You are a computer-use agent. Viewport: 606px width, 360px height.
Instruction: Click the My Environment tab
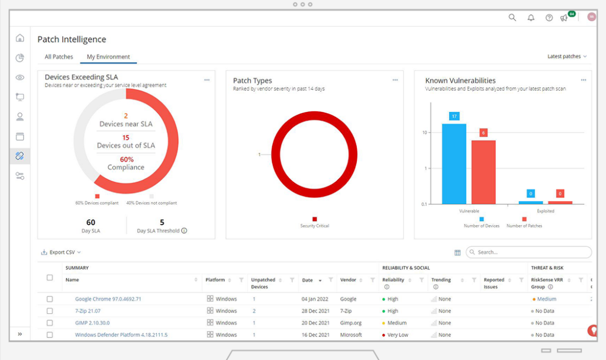[x=108, y=57]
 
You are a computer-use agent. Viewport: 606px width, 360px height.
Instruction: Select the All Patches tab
[x=59, y=57]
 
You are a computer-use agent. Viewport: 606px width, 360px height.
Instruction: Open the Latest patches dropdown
[x=567, y=56]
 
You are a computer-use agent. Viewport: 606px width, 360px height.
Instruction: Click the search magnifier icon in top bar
[x=512, y=18]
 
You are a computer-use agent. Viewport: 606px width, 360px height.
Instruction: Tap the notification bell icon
[x=531, y=18]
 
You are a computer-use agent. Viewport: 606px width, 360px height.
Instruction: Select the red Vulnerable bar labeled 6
[x=483, y=171]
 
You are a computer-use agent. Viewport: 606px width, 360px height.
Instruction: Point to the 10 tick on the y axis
[x=424, y=132]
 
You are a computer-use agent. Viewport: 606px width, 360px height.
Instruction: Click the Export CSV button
[x=61, y=252]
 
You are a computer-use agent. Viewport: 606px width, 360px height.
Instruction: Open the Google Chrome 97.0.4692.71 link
[x=108, y=299]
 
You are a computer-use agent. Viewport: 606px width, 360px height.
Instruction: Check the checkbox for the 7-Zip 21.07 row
[x=50, y=311]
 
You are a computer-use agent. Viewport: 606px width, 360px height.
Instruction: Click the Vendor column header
[x=349, y=280]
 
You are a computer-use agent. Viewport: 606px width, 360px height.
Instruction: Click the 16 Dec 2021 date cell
[x=314, y=335]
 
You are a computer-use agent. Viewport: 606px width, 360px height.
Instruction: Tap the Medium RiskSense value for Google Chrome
[x=546, y=299]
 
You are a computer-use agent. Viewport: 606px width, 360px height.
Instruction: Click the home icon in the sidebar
[x=20, y=38]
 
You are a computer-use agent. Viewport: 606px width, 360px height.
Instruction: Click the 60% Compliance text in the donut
[x=125, y=163]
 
